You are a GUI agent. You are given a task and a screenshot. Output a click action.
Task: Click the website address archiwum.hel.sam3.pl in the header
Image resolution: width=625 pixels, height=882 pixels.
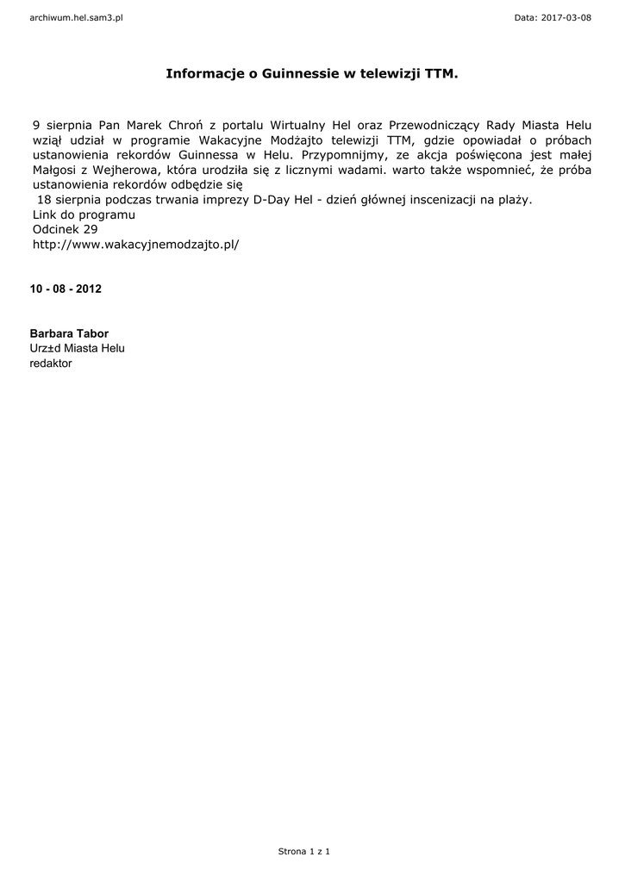point(76,17)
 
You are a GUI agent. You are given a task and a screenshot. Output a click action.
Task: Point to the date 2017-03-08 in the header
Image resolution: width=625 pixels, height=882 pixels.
point(566,17)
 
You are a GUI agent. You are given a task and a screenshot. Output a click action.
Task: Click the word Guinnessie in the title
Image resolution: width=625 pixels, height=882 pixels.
point(298,75)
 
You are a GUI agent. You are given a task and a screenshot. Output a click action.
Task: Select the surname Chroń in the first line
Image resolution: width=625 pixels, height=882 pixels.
point(185,125)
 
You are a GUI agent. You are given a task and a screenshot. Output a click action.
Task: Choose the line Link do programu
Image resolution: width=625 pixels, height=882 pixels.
point(84,214)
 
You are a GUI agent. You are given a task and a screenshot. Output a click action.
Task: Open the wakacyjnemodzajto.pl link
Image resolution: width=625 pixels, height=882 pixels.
point(135,245)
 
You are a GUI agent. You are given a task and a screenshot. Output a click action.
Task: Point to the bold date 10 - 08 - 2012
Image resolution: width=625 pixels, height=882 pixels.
point(66,289)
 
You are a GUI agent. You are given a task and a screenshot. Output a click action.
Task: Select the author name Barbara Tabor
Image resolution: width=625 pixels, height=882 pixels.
point(69,333)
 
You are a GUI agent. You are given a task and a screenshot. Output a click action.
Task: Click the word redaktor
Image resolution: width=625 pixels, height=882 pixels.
point(51,363)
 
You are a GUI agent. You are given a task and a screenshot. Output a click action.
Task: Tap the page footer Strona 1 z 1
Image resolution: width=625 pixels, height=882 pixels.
point(304,851)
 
